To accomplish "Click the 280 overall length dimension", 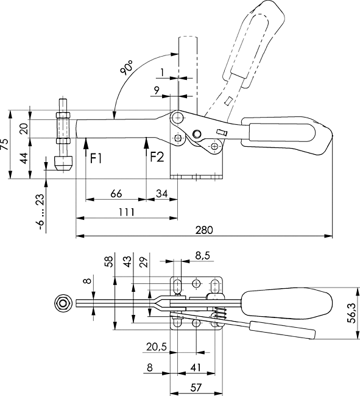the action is pyautogui.click(x=204, y=230).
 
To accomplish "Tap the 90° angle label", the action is pyautogui.click(x=127, y=68).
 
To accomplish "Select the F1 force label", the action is pyautogui.click(x=96, y=158).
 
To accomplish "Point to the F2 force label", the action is pyautogui.click(x=157, y=157).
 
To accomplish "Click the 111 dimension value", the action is pyautogui.click(x=127, y=212).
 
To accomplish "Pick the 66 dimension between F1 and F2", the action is pyautogui.click(x=116, y=194).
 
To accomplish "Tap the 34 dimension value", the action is pyautogui.click(x=161, y=194).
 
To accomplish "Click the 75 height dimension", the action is pyautogui.click(x=4, y=144).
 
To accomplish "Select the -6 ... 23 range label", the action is pyautogui.click(x=41, y=212).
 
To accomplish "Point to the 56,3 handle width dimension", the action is pyautogui.click(x=351, y=313).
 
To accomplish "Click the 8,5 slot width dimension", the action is pyautogui.click(x=202, y=256).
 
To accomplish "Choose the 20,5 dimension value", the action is pyautogui.click(x=157, y=347).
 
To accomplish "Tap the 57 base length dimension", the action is pyautogui.click(x=196, y=387).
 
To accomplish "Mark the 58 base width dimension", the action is pyautogui.click(x=109, y=261).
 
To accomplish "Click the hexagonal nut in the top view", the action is pyautogui.click(x=62, y=303).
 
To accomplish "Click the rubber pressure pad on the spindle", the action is pyautogui.click(x=63, y=164).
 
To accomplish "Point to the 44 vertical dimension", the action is pyautogui.click(x=24, y=158).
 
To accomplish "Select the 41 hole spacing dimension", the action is pyautogui.click(x=196, y=367).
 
